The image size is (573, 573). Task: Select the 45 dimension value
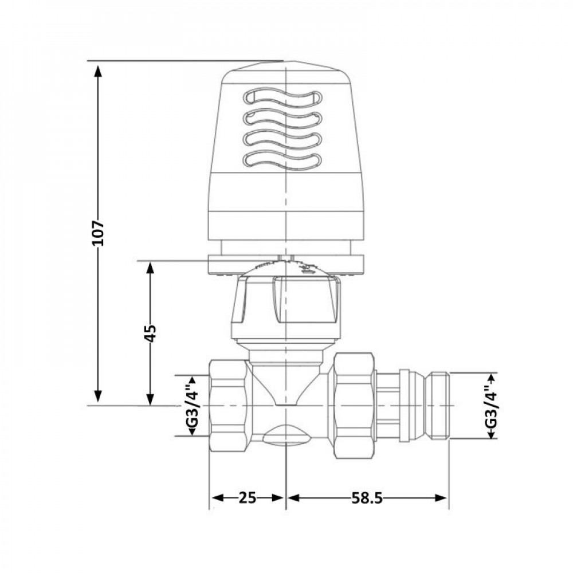[x=150, y=333]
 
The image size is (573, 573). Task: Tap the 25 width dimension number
[x=247, y=498]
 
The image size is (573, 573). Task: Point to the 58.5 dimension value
[x=367, y=498]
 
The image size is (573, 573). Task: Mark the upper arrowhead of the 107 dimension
[x=98, y=70]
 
